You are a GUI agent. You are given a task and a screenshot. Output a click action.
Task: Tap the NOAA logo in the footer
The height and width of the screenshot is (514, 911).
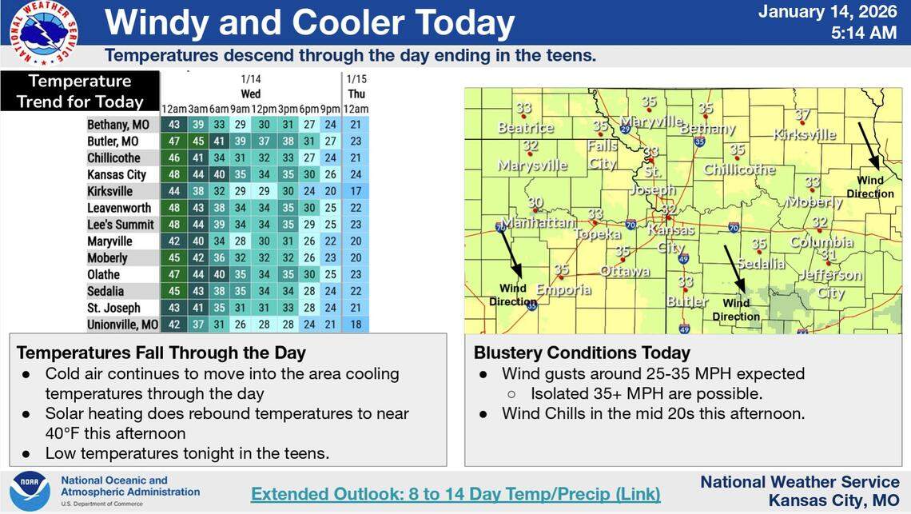coord(30,490)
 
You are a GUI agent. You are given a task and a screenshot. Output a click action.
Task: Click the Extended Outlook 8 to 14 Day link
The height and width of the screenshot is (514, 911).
coord(455,494)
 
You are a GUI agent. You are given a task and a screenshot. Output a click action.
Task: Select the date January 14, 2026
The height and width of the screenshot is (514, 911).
coord(827,12)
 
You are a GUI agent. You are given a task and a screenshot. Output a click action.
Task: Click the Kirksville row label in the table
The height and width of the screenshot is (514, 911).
coord(109,192)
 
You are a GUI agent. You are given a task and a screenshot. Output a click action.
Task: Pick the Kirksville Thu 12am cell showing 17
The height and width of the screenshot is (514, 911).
coord(356,192)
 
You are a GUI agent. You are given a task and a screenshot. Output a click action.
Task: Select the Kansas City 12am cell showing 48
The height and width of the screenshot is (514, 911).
coord(174,175)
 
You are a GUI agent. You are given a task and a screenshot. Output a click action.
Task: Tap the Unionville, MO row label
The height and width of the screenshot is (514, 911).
coord(123,325)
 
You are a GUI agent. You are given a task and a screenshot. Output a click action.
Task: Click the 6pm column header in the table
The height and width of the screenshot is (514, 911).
coord(309,109)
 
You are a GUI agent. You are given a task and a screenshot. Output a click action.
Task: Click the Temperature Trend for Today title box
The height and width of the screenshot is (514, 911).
coord(80,91)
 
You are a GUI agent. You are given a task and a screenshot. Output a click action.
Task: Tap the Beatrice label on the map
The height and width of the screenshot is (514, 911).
coord(525,128)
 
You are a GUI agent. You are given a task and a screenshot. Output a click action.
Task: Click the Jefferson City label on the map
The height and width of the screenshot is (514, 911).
coord(830,284)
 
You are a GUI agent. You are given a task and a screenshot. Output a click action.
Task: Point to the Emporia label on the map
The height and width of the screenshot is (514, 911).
coord(564,289)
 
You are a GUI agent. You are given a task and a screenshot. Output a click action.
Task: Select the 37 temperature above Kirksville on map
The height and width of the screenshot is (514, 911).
coord(802,115)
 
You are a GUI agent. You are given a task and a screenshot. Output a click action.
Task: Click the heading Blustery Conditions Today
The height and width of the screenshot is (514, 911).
coord(582,353)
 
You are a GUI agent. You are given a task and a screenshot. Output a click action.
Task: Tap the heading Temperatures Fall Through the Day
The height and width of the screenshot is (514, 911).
coord(161,353)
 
